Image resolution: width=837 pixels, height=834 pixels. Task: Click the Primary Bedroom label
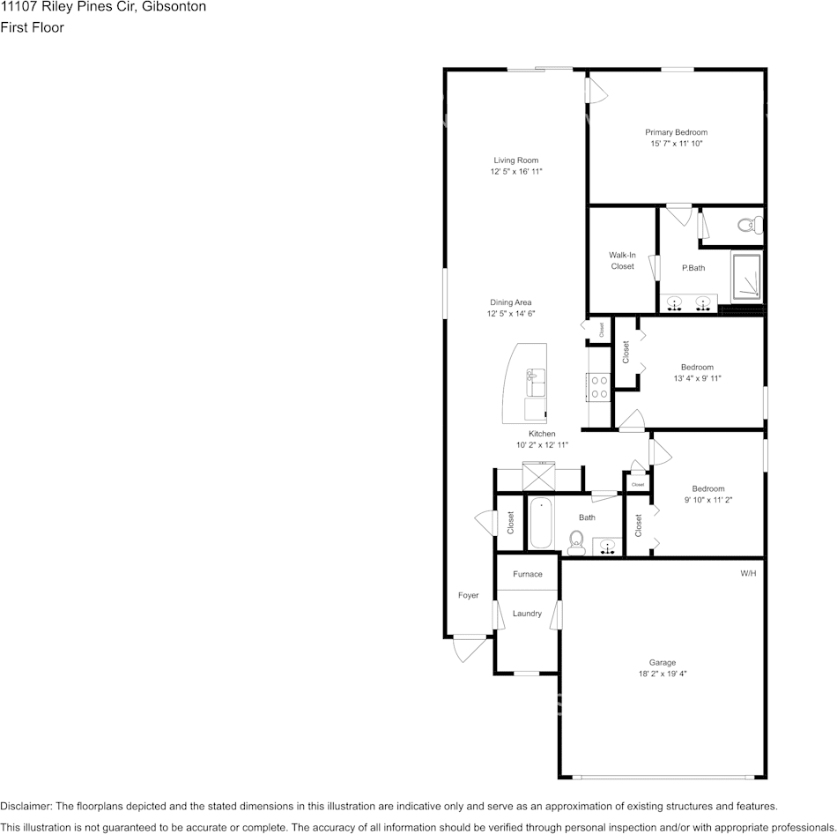click(x=676, y=132)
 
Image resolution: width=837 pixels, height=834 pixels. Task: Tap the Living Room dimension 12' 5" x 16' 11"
click(x=516, y=172)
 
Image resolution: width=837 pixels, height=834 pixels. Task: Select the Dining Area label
click(x=511, y=302)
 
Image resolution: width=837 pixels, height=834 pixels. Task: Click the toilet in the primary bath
click(x=750, y=225)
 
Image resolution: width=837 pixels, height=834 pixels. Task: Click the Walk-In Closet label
click(x=622, y=261)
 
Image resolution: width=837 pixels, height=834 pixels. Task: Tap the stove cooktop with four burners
click(x=599, y=387)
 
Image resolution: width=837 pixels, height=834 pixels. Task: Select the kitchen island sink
click(x=536, y=382)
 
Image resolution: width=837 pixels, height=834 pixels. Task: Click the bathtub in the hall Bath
click(x=541, y=523)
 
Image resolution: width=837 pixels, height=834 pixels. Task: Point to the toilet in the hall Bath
click(x=576, y=542)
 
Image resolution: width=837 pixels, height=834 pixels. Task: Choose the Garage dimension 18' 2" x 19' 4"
click(x=663, y=674)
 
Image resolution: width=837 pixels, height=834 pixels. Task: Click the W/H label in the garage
click(x=748, y=573)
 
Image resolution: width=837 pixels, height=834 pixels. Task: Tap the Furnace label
click(x=528, y=574)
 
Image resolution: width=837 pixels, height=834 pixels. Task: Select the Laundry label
click(x=528, y=614)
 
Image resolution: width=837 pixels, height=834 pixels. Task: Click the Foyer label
click(x=468, y=595)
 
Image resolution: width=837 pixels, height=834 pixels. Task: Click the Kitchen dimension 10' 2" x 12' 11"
click(x=542, y=445)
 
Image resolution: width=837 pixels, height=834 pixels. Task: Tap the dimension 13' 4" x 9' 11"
click(x=697, y=378)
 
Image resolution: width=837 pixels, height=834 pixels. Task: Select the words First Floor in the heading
click(x=32, y=27)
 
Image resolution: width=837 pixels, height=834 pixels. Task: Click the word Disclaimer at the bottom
click(x=25, y=806)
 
